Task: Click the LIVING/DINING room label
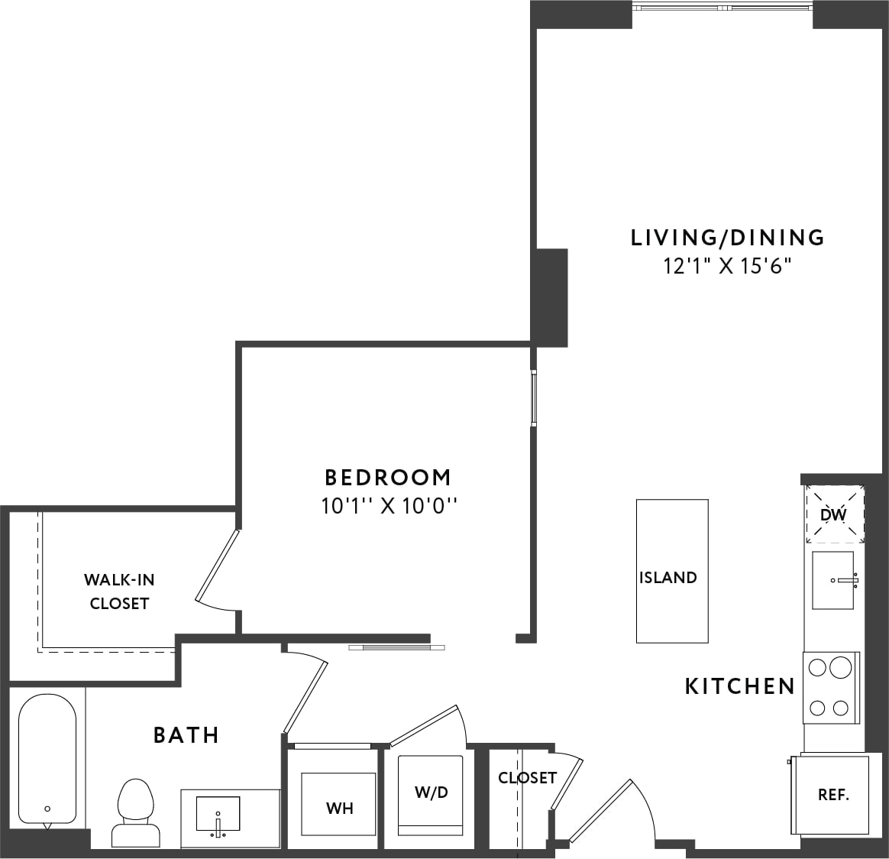click(x=727, y=238)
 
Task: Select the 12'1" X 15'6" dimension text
click(x=727, y=266)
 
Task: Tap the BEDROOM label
click(x=388, y=478)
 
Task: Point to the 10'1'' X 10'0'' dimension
click(x=388, y=505)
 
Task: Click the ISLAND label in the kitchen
click(x=668, y=578)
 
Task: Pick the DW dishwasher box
click(x=834, y=515)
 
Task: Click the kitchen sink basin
click(x=832, y=580)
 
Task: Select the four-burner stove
click(x=831, y=687)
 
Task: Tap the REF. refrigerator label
click(x=833, y=795)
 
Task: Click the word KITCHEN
click(x=740, y=686)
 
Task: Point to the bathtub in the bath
click(x=47, y=757)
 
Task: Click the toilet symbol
click(x=135, y=812)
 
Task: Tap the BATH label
click(x=186, y=735)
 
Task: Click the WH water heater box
click(x=339, y=807)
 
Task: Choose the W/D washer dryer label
click(x=432, y=793)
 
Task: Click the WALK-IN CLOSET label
click(x=119, y=592)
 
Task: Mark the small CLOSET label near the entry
click(x=527, y=778)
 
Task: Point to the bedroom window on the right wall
click(x=534, y=397)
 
